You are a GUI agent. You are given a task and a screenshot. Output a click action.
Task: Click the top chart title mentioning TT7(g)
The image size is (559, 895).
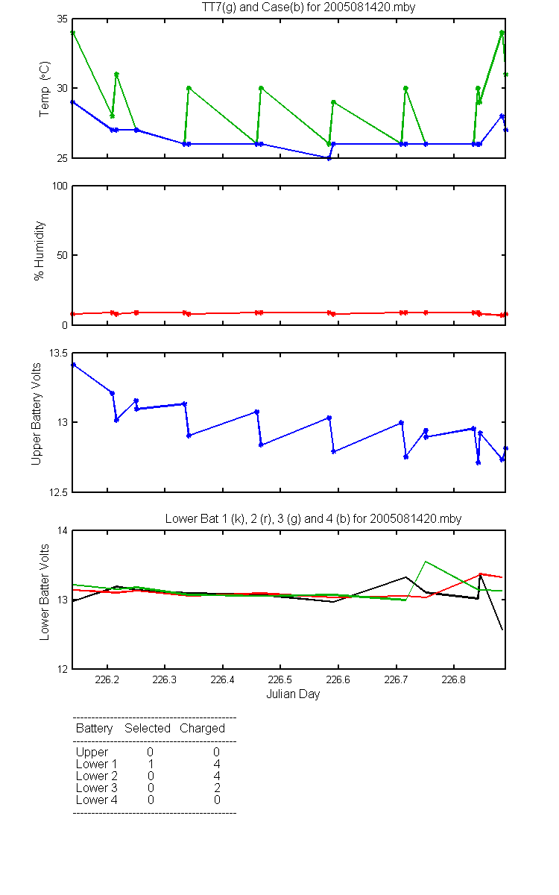[x=309, y=7]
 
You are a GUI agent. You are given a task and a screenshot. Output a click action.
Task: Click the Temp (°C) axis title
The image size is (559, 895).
[x=44, y=89]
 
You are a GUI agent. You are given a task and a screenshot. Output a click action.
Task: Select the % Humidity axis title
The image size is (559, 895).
[x=39, y=251]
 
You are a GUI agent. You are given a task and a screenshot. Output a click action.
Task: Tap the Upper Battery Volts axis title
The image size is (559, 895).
[x=36, y=415]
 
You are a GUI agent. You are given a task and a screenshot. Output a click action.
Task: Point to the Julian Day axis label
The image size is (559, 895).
[x=293, y=694]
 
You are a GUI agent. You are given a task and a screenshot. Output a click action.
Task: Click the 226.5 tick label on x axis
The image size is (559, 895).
[x=280, y=679]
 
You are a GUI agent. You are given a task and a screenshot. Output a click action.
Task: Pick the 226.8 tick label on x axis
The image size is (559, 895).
[x=454, y=679]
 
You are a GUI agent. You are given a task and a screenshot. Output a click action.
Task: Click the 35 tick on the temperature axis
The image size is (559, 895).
[x=63, y=19]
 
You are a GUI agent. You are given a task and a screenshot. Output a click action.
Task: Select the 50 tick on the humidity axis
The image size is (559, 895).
[x=63, y=255]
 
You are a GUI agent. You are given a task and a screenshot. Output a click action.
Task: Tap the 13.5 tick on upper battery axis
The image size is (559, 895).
[x=58, y=353]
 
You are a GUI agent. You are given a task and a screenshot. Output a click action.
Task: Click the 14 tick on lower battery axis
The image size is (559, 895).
[x=63, y=530]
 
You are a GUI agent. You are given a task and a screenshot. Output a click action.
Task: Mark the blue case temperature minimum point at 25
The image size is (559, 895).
[x=329, y=158]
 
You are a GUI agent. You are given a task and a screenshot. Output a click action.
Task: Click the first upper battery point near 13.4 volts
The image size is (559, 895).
[x=74, y=365]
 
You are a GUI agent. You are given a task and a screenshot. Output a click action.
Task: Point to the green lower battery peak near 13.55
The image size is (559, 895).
[x=426, y=562]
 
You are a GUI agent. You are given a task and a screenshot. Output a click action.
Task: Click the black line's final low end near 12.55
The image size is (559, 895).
[x=502, y=630]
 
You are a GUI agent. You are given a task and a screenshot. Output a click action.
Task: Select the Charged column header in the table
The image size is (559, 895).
[x=202, y=729]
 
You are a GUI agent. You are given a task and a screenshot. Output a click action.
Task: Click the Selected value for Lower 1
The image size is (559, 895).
[x=151, y=764]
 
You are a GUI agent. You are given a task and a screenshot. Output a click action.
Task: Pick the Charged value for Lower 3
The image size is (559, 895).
[x=217, y=788]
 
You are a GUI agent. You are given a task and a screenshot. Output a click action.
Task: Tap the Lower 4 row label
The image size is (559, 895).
[x=97, y=800]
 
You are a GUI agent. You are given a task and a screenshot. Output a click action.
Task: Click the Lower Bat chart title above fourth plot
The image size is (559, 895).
[x=314, y=518]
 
